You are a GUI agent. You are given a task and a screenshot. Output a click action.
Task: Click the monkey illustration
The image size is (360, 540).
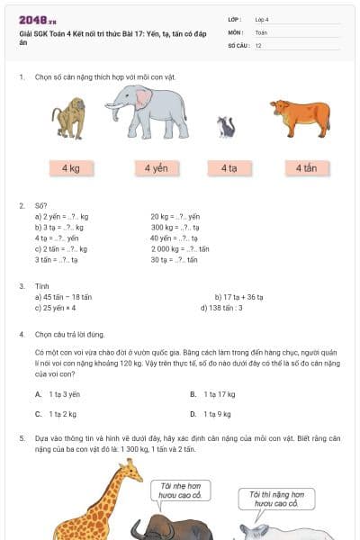coord(68,117)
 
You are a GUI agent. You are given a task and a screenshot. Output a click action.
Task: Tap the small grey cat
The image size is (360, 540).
coord(226,127)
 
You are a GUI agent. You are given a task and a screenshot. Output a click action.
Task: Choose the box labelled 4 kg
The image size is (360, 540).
coord(71,168)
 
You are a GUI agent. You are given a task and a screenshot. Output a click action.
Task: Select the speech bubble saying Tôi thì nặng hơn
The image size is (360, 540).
coord(274,499)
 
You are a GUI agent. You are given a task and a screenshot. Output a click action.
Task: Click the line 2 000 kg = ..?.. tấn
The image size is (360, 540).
coord(180,249)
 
